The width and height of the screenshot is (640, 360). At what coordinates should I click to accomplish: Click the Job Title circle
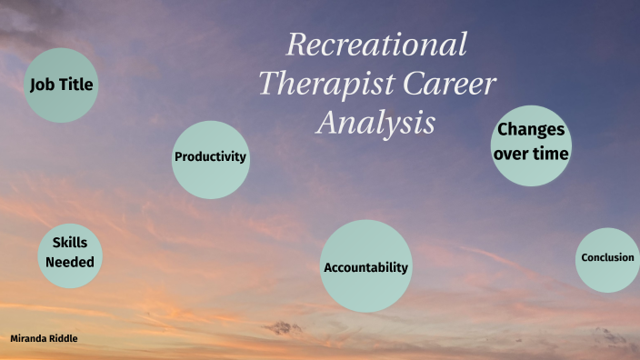pos(61,85)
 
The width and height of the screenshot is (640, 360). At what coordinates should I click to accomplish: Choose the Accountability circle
pos(365,265)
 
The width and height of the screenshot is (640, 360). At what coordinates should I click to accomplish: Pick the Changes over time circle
pos(531,143)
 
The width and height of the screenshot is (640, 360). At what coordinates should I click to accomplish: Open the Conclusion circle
pos(607,259)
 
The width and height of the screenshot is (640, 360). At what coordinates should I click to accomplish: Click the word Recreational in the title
pos(376,44)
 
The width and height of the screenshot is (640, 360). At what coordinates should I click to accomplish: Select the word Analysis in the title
pos(375,122)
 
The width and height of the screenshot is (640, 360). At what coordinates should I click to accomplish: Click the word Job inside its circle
pos(42,85)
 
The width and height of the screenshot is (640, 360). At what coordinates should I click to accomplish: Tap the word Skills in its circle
pos(70,243)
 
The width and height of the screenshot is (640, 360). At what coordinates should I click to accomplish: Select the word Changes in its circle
pos(531,130)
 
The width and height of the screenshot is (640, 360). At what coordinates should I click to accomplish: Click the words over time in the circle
pos(531,154)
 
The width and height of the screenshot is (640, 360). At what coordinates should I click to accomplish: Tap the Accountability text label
pos(365,268)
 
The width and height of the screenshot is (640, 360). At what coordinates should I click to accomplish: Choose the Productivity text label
pos(210,156)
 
